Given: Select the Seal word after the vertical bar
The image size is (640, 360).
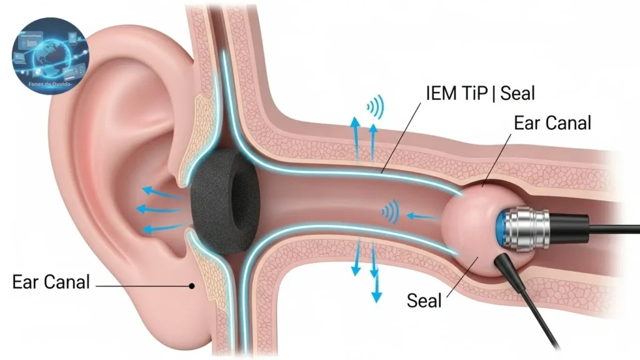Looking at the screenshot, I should [x=516, y=94].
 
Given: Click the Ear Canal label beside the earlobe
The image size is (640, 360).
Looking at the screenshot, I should [x=51, y=282].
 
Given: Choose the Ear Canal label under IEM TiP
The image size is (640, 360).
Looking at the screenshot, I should [x=552, y=123].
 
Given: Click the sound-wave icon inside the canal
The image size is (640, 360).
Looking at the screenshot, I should [x=390, y=212].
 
